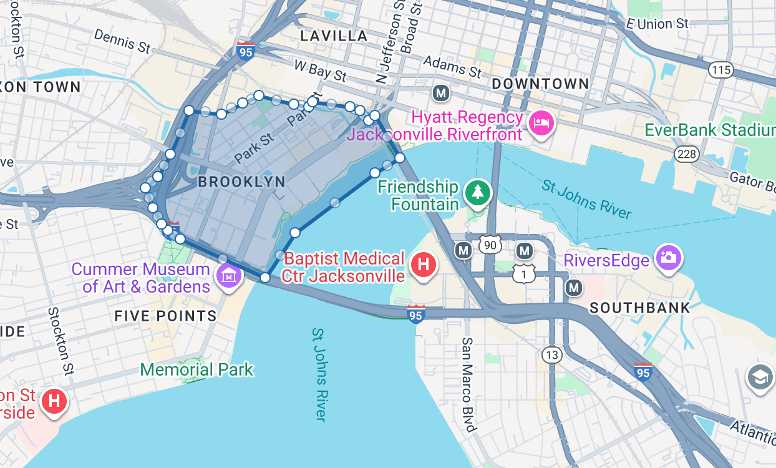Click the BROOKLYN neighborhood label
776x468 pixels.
coord(241,182)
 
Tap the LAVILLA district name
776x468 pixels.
coord(334,36)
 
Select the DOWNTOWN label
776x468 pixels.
coord(540,84)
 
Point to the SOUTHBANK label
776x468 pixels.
coord(640,308)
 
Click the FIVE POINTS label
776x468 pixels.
coord(165,316)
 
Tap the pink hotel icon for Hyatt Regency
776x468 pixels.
coord(540,123)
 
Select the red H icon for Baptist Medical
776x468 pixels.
coord(424,264)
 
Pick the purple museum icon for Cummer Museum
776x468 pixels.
coord(229,275)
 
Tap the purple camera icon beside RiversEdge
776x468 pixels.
coord(667,258)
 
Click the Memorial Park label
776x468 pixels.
coord(196,369)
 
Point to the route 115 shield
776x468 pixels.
coord(720,69)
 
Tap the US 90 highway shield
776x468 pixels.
coord(490,245)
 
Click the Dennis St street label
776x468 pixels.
coord(123,41)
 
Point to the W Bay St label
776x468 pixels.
coord(320,71)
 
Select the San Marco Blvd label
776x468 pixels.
coord(468,384)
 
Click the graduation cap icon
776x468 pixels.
coord(760,378)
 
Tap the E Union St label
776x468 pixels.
coord(657,24)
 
